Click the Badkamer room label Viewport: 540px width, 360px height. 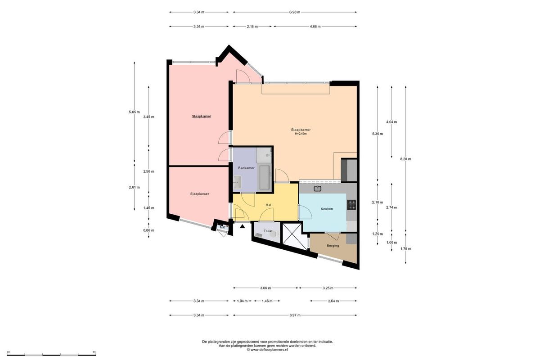[x=246, y=168]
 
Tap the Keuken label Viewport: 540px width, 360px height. [x=327, y=209]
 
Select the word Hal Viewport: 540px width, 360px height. [x=268, y=205]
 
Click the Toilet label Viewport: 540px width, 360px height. [x=268, y=231]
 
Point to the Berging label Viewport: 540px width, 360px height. [x=333, y=246]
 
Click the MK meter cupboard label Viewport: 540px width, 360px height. [x=222, y=227]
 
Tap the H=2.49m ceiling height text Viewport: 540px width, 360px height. [x=301, y=134]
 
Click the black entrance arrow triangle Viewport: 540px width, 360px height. [x=243, y=226]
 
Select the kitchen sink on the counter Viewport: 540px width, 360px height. [x=318, y=188]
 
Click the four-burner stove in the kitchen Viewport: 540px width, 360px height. [x=352, y=205]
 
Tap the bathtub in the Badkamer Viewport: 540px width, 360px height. [x=264, y=177]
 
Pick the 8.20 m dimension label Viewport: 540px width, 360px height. [x=405, y=159]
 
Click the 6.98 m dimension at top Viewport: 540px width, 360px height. [x=295, y=12]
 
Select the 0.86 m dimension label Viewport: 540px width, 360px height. [x=148, y=230]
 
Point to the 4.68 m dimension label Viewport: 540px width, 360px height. [x=315, y=27]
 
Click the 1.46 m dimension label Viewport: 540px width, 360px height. [x=267, y=301]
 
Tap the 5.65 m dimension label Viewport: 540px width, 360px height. [x=134, y=112]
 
